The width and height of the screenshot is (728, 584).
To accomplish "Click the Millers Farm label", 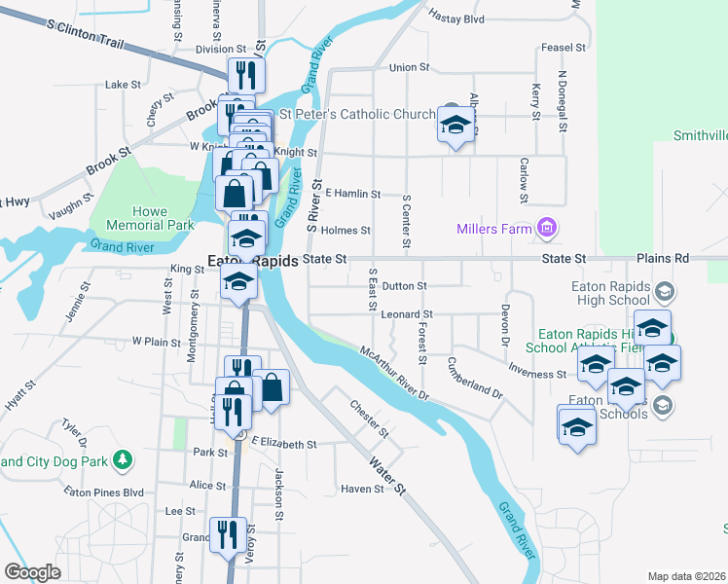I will point(494,230).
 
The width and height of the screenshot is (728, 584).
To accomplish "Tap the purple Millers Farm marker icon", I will point(546,229).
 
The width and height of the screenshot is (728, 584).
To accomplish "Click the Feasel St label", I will point(563,47).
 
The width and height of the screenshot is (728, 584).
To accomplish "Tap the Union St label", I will point(409,67).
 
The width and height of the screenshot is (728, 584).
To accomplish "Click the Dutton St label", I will point(404,286).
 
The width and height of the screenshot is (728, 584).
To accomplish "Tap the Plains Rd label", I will point(662,259).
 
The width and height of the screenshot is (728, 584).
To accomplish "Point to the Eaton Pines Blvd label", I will point(103,493).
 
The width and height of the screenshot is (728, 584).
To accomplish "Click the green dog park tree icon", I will point(123,457).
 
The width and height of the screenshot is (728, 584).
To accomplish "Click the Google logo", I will point(32,572).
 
